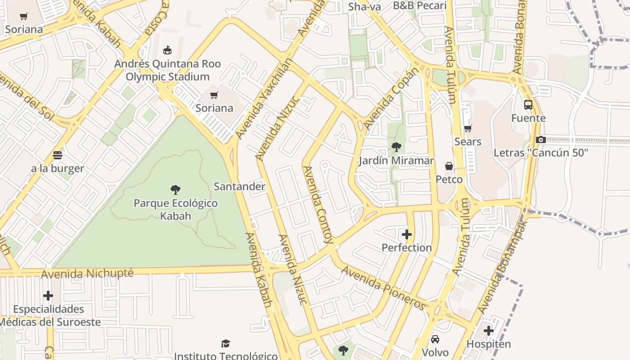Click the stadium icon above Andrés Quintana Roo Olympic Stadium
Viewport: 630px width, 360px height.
coord(167,49)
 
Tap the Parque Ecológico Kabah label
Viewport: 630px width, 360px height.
coord(175,209)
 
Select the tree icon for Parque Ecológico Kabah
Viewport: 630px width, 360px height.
coord(175,189)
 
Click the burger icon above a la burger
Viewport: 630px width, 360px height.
coord(57,155)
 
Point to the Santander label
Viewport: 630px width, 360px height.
coord(239,186)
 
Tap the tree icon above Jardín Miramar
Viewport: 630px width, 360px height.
coord(396,147)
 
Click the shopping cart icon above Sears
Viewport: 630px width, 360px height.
coord(468,129)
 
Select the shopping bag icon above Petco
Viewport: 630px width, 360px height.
coord(449,166)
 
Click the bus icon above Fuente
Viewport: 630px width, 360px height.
coord(528,105)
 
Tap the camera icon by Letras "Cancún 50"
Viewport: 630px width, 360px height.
coord(541,139)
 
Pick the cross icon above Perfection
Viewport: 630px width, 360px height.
coord(407,234)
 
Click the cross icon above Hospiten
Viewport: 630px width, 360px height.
coord(489,331)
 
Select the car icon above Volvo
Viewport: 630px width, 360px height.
coord(435,339)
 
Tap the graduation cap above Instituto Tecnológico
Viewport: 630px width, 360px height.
coord(225,344)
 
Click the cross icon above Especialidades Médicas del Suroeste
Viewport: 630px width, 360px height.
coord(48,296)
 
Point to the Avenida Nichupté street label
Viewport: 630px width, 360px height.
coord(87,274)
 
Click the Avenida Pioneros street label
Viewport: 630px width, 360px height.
coord(383,288)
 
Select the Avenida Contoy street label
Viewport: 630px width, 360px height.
coord(318,205)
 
